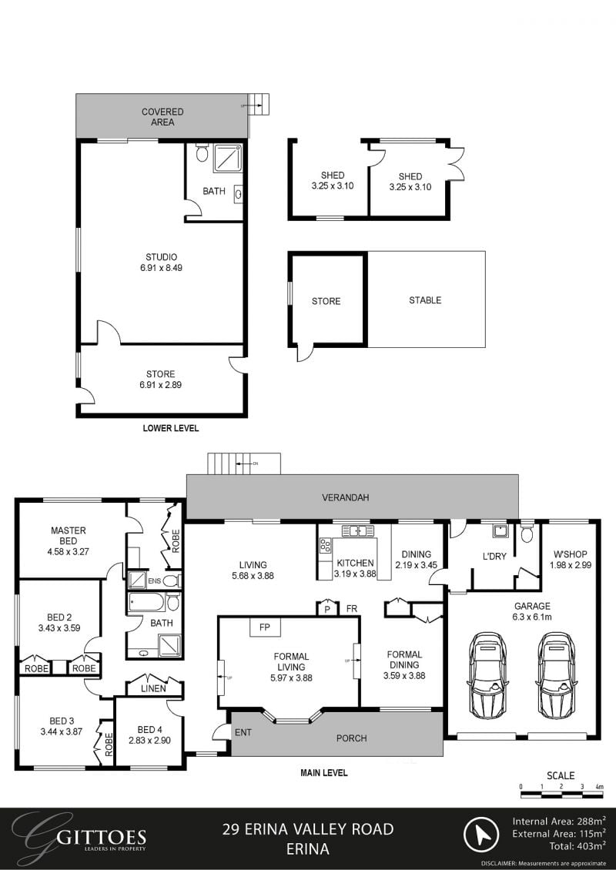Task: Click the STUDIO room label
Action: [x=162, y=257]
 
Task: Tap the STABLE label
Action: [x=425, y=300]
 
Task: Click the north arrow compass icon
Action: [x=484, y=835]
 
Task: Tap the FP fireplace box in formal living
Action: [x=264, y=627]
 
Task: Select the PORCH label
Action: [x=352, y=738]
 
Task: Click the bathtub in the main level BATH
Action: [x=146, y=601]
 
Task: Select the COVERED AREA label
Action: [x=162, y=117]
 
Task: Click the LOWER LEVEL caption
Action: [x=171, y=428]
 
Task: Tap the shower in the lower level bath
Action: [x=227, y=157]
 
